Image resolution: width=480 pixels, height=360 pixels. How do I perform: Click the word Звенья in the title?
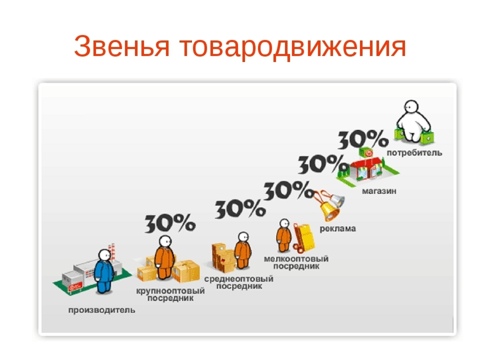pyautogui.click(x=121, y=46)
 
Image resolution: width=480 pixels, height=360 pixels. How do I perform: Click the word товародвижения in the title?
pyautogui.click(x=292, y=46)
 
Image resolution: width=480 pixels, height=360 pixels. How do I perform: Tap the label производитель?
pyautogui.click(x=101, y=310)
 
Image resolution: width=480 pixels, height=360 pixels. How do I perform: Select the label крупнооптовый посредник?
pyautogui.click(x=170, y=294)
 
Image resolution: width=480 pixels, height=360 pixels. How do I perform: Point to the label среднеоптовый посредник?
pyautogui.click(x=239, y=282)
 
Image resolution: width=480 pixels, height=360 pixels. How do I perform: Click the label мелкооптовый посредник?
pyautogui.click(x=296, y=262)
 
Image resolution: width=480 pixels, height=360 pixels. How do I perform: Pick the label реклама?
pyautogui.click(x=337, y=228)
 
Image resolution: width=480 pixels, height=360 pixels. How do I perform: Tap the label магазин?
pyautogui.click(x=379, y=191)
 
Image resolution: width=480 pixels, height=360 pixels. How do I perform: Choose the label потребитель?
pyautogui.click(x=414, y=153)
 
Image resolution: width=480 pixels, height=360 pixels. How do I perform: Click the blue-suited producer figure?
pyautogui.click(x=104, y=271)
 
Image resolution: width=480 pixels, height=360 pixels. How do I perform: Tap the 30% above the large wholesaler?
pyautogui.click(x=170, y=223)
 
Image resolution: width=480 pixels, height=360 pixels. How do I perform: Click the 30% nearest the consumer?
pyautogui.click(x=363, y=139)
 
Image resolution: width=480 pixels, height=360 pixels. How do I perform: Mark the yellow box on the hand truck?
pyautogui.click(x=306, y=237)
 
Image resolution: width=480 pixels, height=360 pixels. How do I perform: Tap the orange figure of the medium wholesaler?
pyautogui.click(x=243, y=250)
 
